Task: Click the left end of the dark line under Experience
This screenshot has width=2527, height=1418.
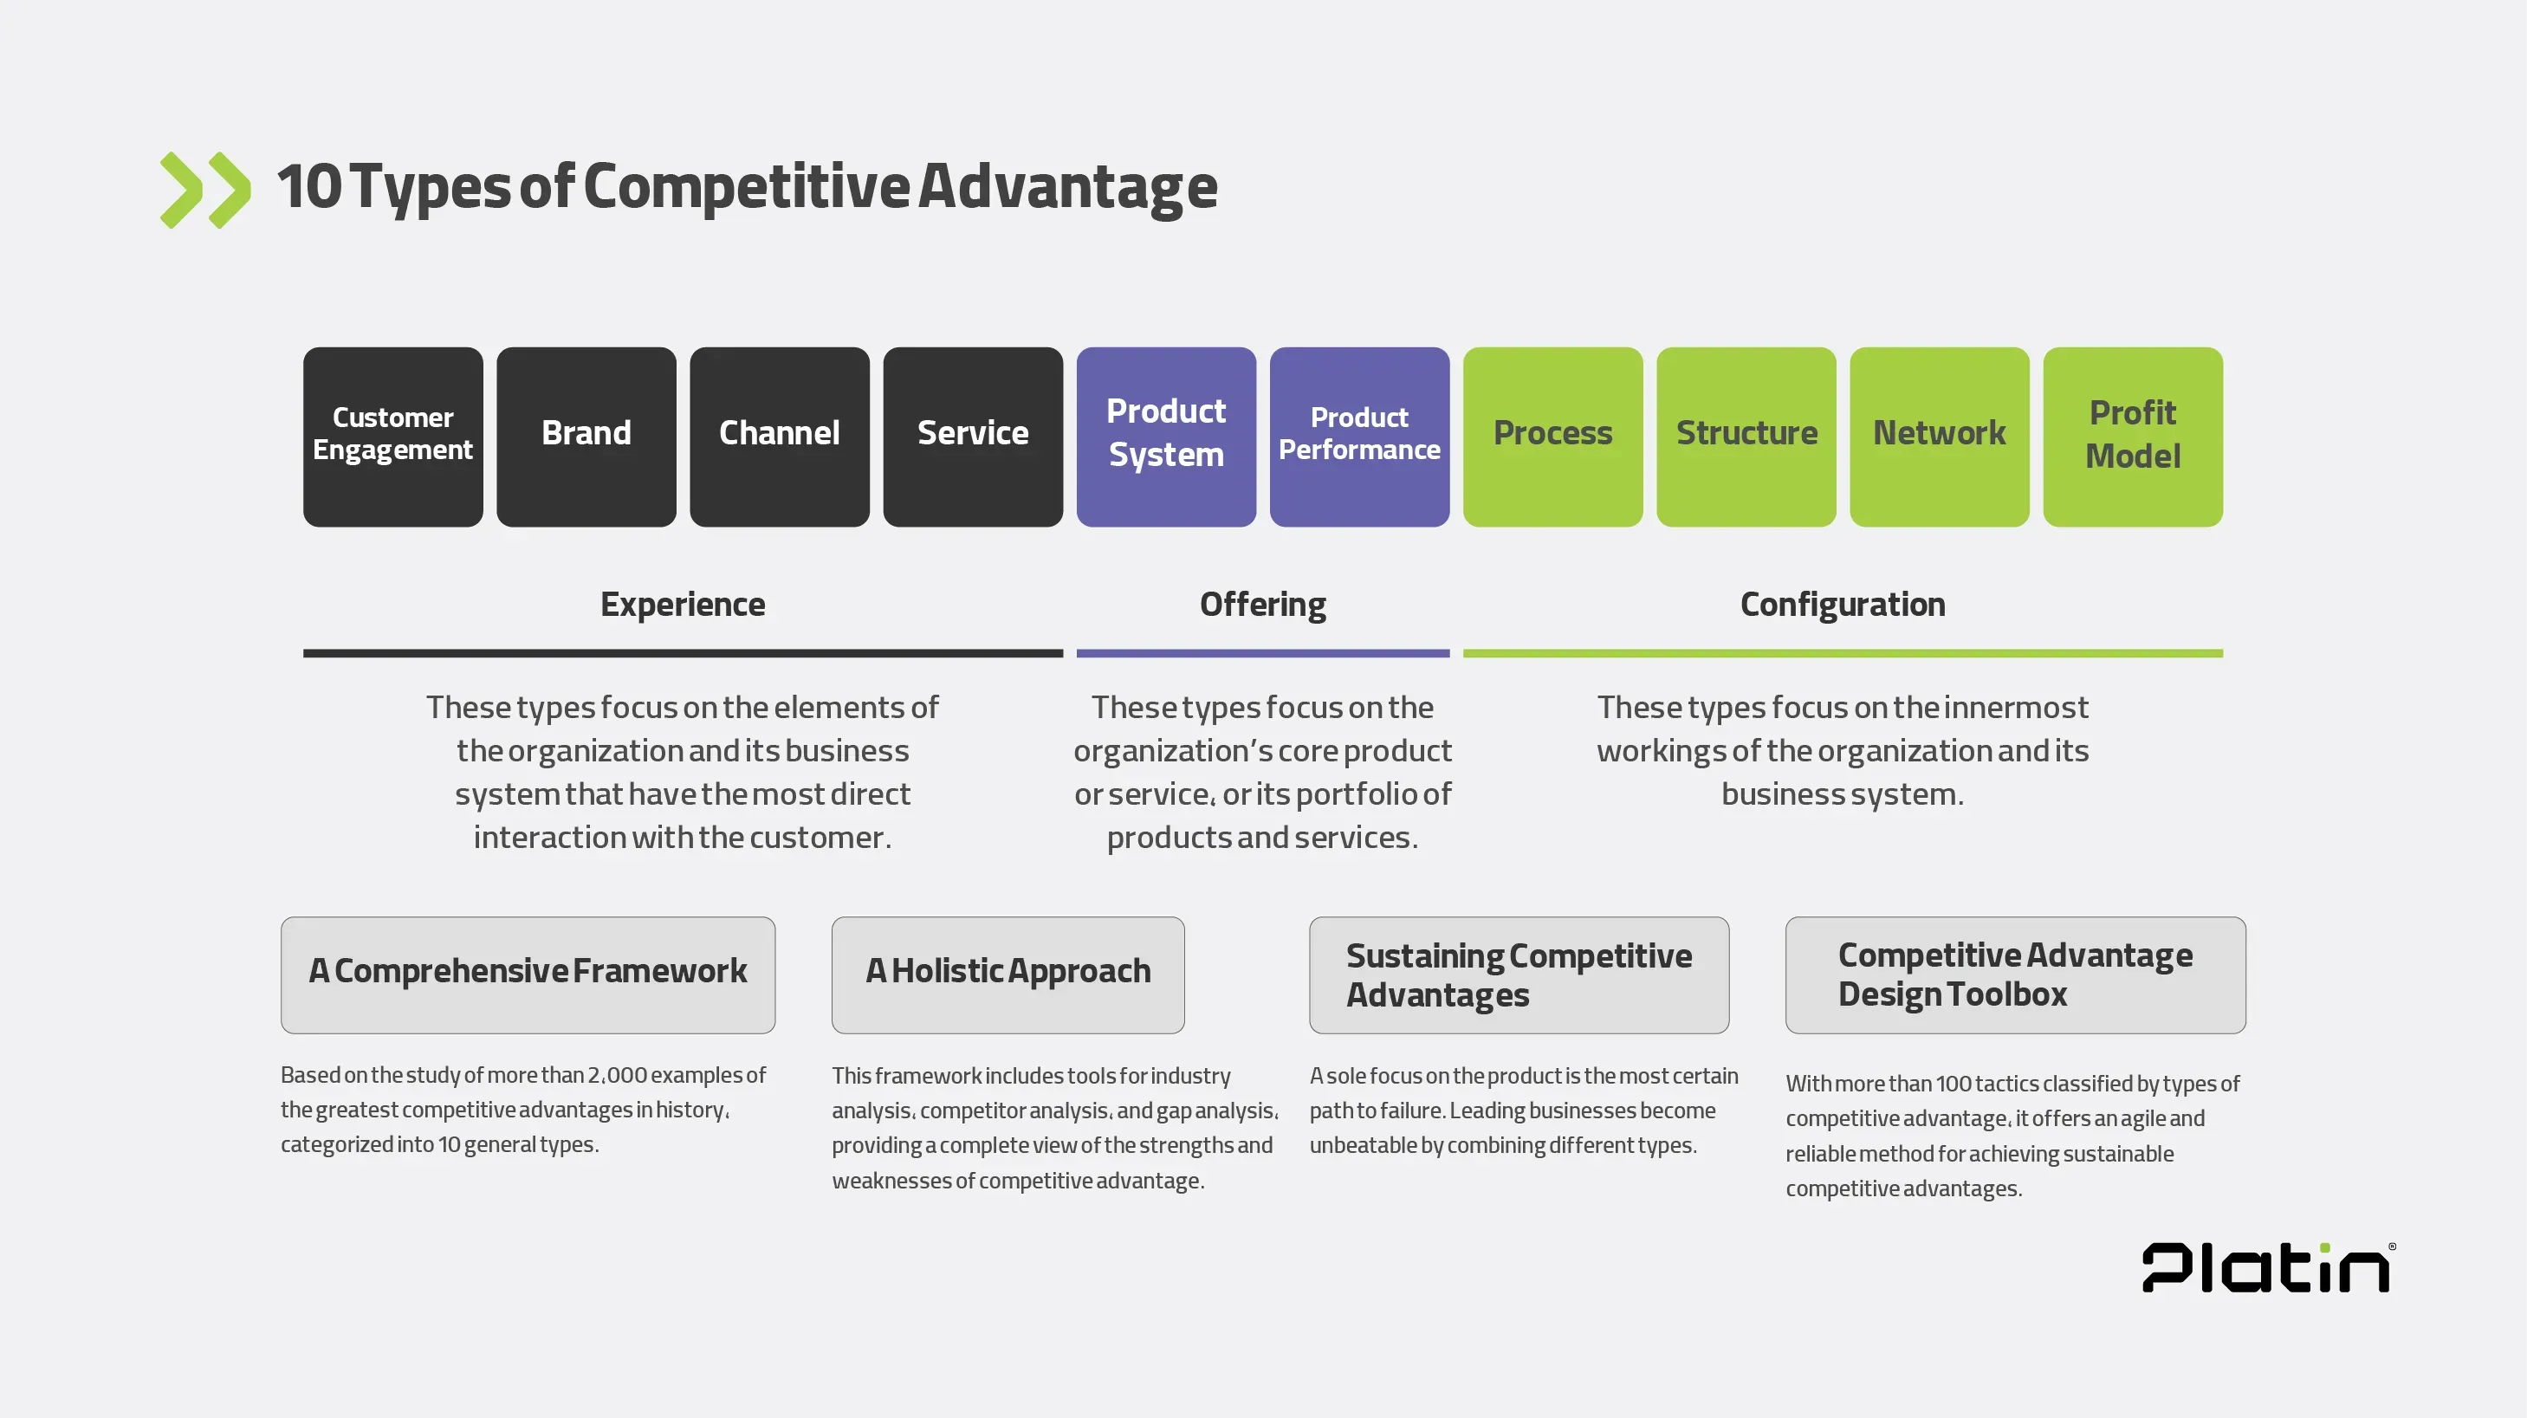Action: click(304, 653)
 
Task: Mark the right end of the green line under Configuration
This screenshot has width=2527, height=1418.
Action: click(2223, 653)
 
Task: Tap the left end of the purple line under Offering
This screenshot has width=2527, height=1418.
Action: click(1077, 653)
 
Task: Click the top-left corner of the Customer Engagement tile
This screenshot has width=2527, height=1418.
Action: click(304, 348)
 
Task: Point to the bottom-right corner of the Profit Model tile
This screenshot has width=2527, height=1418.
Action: click(2223, 527)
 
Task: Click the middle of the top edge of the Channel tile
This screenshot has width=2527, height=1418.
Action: click(780, 347)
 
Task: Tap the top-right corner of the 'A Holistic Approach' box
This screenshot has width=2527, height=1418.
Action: click(1184, 918)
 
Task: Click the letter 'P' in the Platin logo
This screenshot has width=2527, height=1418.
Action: click(2168, 1267)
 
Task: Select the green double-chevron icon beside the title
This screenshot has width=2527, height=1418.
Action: click(205, 191)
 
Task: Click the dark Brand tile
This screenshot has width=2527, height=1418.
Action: click(586, 437)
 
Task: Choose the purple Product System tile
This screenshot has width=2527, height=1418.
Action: click(1166, 437)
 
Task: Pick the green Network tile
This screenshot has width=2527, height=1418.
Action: click(1940, 437)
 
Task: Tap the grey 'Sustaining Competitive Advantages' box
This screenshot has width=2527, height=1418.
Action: click(1519, 974)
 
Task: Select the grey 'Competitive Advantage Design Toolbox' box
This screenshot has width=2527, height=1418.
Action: click(2016, 974)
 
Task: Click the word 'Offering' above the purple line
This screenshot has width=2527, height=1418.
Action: click(1262, 605)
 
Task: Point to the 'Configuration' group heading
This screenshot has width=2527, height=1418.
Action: click(1843, 605)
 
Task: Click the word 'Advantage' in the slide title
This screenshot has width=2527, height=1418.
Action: click(1068, 186)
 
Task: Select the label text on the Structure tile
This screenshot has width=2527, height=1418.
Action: click(1746, 432)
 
